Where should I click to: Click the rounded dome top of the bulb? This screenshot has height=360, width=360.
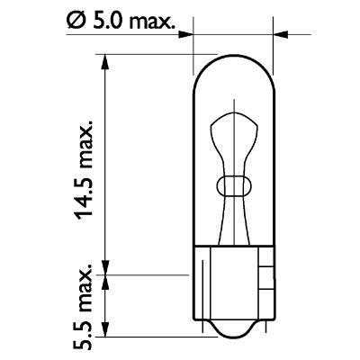coord(234,64)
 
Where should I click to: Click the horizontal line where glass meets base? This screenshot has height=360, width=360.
coord(234,247)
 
